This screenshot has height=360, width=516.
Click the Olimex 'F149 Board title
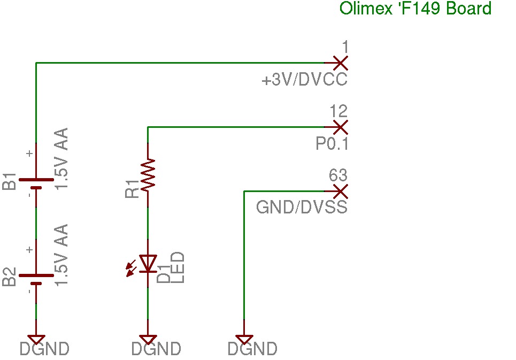(x=415, y=9)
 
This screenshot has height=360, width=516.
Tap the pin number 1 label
(x=344, y=48)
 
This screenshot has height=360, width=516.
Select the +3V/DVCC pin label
(x=304, y=81)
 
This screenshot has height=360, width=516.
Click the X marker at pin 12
(x=340, y=127)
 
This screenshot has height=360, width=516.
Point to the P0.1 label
(x=332, y=144)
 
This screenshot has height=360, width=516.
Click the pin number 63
(x=338, y=175)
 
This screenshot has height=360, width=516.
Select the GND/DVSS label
(x=302, y=207)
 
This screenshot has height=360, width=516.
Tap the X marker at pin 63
(x=340, y=191)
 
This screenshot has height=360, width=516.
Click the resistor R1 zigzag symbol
(x=148, y=173)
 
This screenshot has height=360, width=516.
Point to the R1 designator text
(x=132, y=188)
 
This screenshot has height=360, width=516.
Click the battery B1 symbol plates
(x=36, y=183)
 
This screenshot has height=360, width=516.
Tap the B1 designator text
(x=10, y=181)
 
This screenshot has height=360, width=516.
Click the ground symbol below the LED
(x=148, y=339)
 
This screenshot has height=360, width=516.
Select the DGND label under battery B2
(x=44, y=349)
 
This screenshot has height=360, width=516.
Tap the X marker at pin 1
(x=340, y=63)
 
